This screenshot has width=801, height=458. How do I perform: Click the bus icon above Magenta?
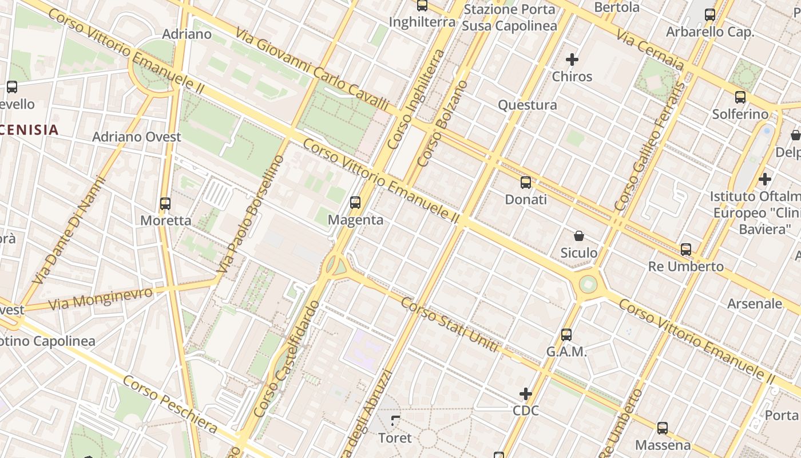355,202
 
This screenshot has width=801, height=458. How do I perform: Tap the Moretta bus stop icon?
165,203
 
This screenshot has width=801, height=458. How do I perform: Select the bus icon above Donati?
526,183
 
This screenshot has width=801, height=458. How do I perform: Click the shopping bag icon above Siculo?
579,235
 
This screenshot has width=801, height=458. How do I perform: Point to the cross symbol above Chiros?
572,59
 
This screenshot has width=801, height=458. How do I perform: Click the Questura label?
528,105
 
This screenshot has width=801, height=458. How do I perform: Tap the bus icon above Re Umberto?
686,249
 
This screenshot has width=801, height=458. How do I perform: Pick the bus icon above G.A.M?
566,334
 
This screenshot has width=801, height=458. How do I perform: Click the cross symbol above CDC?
526,393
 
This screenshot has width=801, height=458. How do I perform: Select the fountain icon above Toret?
395,421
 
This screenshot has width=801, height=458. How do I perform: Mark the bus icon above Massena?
663,428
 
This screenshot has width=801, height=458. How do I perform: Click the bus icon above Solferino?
740,97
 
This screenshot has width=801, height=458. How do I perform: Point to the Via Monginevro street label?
101,298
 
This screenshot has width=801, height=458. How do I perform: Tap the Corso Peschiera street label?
170,404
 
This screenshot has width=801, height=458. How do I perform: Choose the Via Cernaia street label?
650,50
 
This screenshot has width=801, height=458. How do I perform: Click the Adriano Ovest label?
137,137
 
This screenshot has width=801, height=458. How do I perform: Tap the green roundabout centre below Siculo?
588,284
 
